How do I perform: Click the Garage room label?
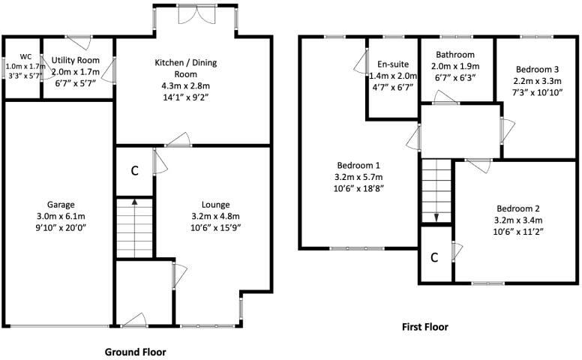[x=61, y=205]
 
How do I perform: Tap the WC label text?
[x=25, y=56]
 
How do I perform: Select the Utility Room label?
[x=76, y=60]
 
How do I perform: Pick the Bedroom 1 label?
[x=358, y=166]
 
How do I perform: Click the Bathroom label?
[x=456, y=55]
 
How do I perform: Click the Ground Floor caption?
[x=135, y=351]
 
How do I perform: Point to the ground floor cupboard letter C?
[x=134, y=170]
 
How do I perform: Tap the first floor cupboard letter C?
[x=434, y=257]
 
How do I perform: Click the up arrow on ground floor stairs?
[x=134, y=202]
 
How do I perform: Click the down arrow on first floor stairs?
[x=436, y=216]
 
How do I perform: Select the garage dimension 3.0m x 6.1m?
[x=61, y=217]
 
